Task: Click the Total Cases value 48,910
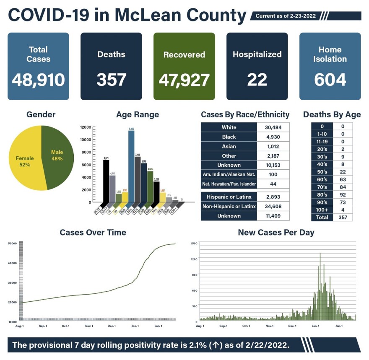(38, 80)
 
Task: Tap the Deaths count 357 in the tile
(111, 80)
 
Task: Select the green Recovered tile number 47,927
(184, 80)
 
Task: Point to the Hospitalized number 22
(257, 80)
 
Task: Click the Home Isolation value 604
(330, 80)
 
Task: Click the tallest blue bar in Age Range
(131, 168)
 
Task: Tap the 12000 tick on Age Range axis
(86, 127)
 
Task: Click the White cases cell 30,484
(272, 127)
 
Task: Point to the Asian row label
(229, 147)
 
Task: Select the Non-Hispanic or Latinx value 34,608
(272, 207)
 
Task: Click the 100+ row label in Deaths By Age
(322, 210)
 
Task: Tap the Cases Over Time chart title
(93, 232)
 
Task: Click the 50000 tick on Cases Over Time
(12, 243)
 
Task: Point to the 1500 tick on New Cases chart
(194, 243)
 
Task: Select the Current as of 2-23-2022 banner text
(286, 16)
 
